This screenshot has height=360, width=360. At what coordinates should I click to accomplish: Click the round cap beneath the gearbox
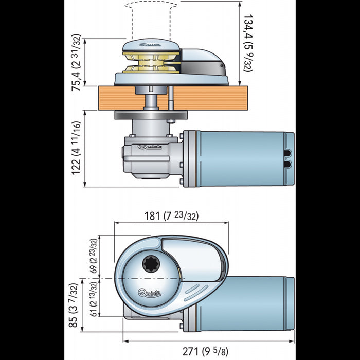[147, 178]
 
